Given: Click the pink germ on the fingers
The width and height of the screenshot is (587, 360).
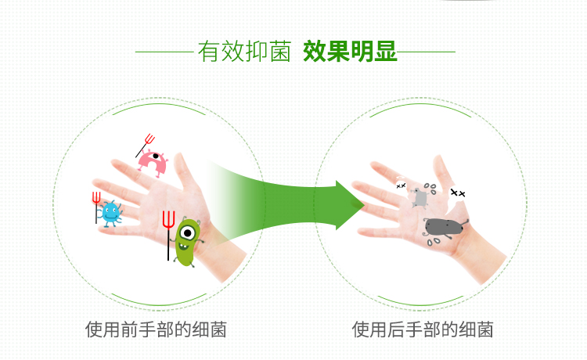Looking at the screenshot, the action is pyautogui.click(x=153, y=163).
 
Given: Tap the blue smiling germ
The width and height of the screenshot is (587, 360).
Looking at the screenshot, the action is pyautogui.click(x=110, y=214).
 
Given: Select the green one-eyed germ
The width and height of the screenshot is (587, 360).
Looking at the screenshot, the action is pyautogui.click(x=187, y=241).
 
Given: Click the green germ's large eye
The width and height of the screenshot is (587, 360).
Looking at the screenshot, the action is pyautogui.click(x=188, y=233).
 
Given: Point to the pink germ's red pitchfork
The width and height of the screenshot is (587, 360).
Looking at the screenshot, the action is pyautogui.click(x=146, y=146).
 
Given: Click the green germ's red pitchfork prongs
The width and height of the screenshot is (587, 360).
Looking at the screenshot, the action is pyautogui.click(x=168, y=219).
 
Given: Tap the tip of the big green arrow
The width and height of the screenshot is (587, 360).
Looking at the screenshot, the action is pyautogui.click(x=364, y=205).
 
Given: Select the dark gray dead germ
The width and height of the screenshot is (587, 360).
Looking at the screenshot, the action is pyautogui.click(x=445, y=228).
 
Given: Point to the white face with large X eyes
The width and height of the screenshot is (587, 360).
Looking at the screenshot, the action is pyautogui.click(x=458, y=194).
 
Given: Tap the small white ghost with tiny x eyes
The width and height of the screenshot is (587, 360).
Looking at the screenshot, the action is pyautogui.click(x=401, y=185).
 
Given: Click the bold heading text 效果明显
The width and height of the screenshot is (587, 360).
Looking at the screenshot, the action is pyautogui.click(x=350, y=52).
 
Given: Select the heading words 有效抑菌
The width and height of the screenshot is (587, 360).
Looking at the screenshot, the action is pyautogui.click(x=244, y=52).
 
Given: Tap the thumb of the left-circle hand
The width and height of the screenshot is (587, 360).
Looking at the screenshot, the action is pyautogui.click(x=185, y=172).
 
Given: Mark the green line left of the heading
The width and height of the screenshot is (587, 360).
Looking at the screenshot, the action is pyautogui.click(x=164, y=52).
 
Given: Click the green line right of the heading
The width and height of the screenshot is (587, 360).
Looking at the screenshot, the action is pyautogui.click(x=426, y=52).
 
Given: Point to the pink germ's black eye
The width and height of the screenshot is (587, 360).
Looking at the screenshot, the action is pyautogui.click(x=156, y=156).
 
